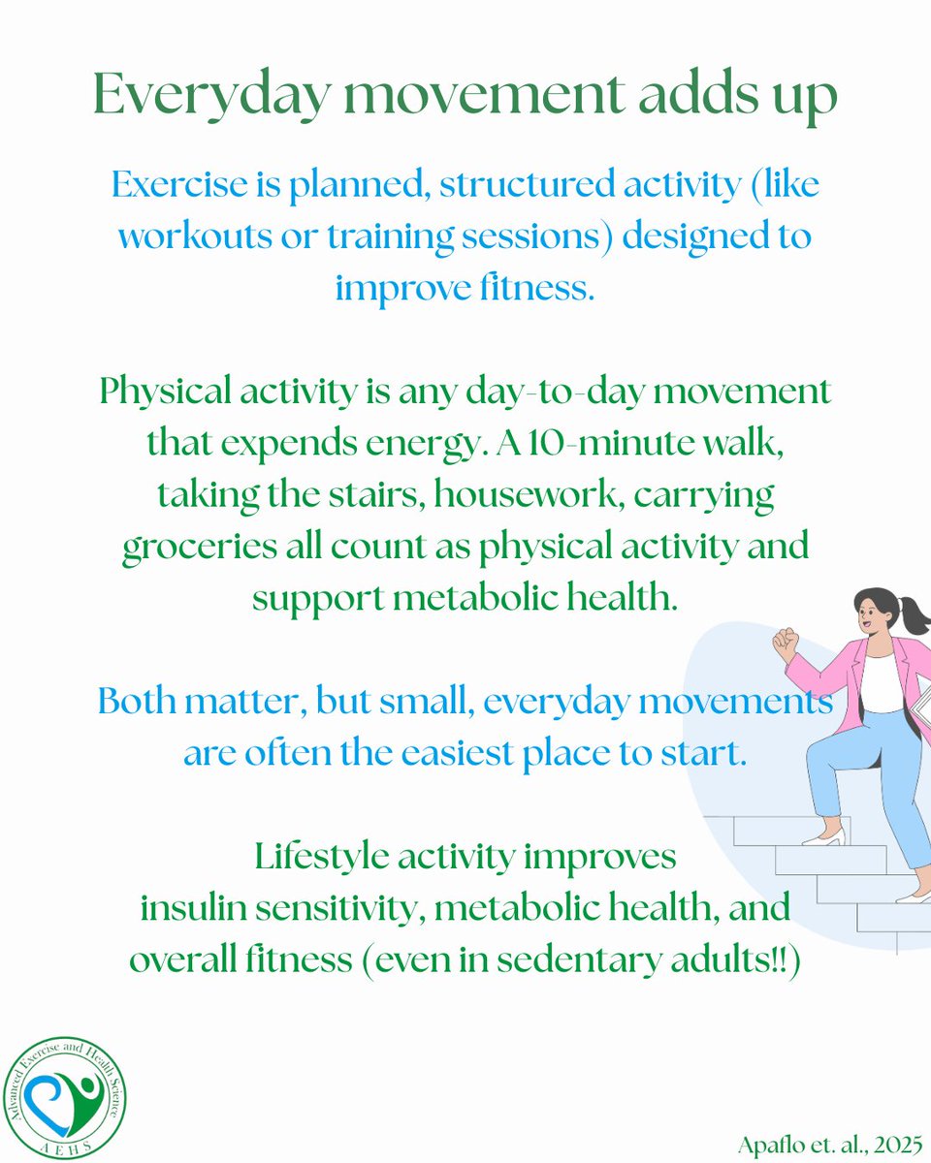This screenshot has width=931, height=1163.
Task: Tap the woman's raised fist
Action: pyautogui.click(x=786, y=642)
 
